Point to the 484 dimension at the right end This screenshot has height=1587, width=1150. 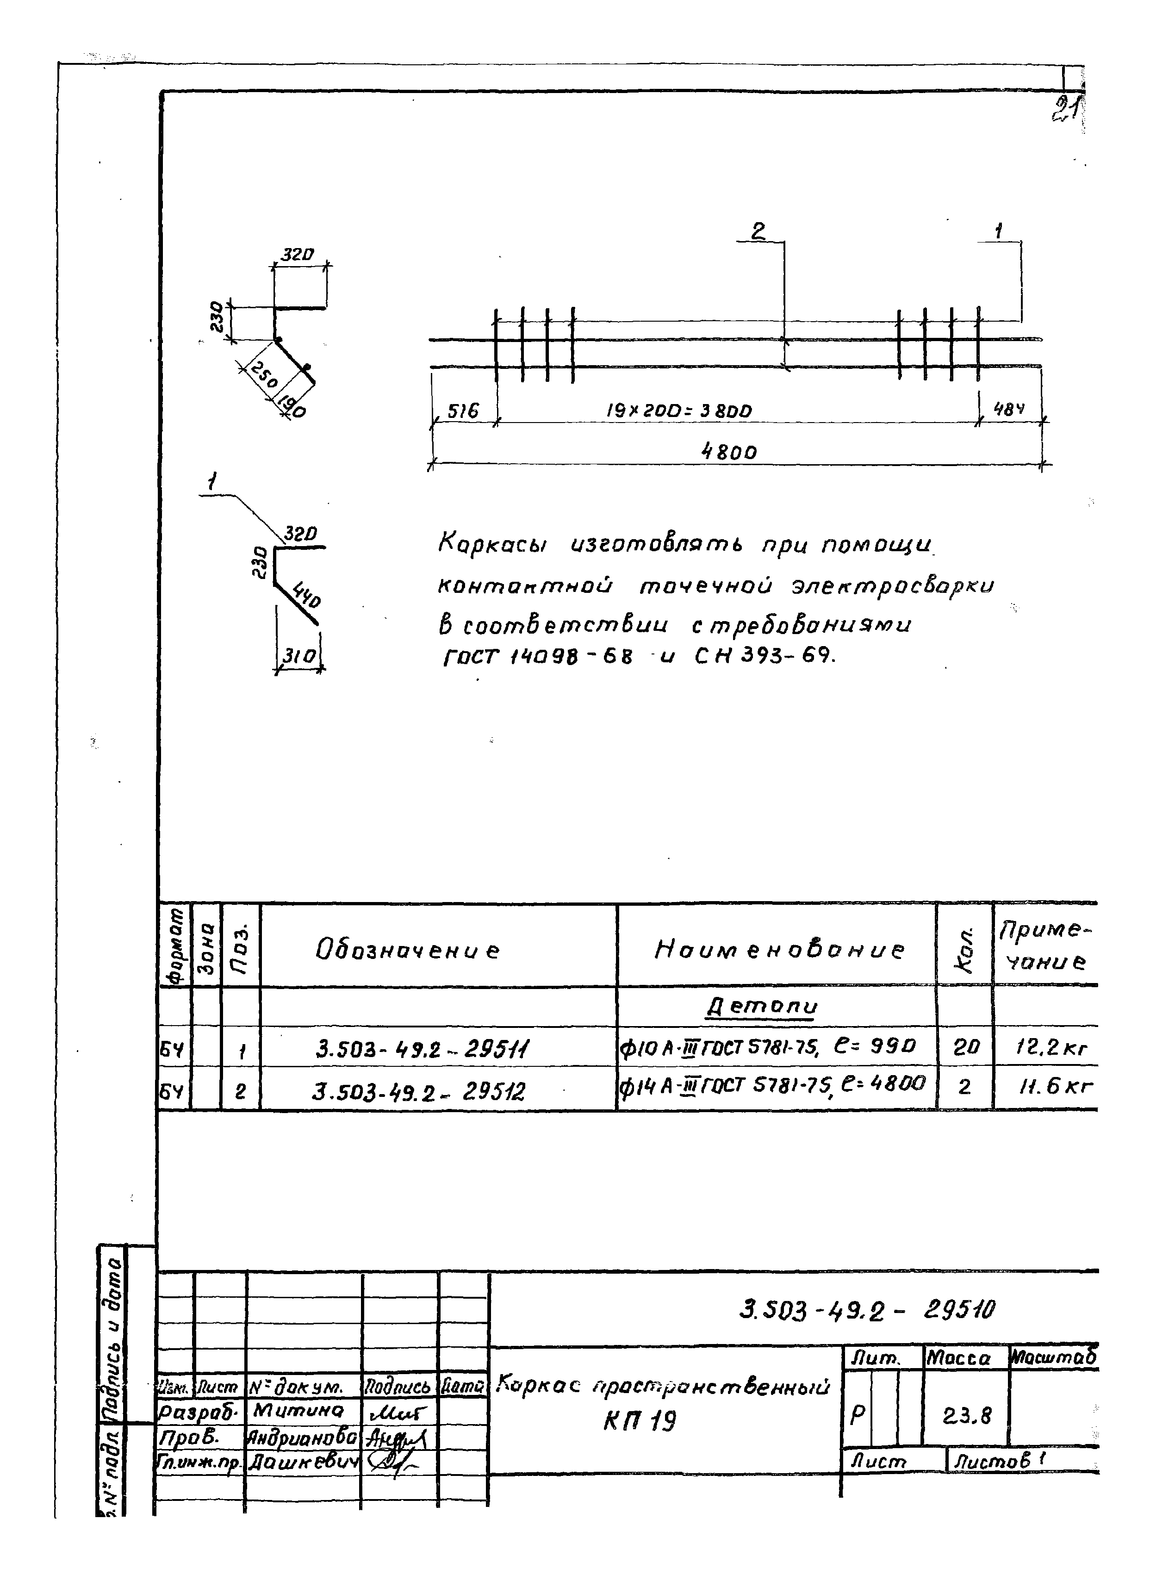(x=1009, y=410)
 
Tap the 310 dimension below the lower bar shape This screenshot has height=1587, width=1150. (x=298, y=656)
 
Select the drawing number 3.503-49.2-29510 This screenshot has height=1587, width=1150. (x=867, y=1311)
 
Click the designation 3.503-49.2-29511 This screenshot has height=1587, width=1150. (x=423, y=1049)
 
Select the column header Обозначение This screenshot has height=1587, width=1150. (x=408, y=950)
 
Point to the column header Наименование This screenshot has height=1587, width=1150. (x=778, y=950)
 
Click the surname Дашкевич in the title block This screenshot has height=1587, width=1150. (x=302, y=1462)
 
